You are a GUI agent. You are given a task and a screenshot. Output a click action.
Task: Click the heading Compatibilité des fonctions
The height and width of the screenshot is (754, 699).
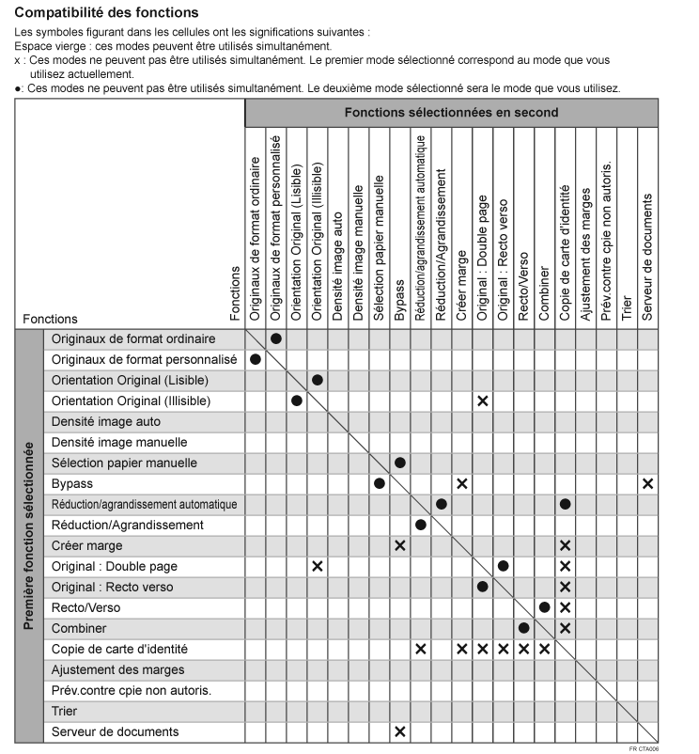pyautogui.click(x=107, y=12)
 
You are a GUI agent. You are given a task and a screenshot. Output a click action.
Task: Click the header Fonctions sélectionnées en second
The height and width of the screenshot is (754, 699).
pyautogui.click(x=451, y=113)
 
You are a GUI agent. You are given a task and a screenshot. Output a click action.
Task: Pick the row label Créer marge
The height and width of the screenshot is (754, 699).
pyautogui.click(x=87, y=546)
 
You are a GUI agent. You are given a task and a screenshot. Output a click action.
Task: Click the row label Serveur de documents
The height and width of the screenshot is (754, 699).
pyautogui.click(x=115, y=732)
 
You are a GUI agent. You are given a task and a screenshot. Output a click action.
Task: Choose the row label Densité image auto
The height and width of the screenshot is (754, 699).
pyautogui.click(x=106, y=421)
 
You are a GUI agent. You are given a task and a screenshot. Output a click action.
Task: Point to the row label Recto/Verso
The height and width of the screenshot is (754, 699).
pyautogui.click(x=85, y=607)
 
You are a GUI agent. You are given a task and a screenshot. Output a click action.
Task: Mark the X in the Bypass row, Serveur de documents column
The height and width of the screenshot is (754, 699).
pyautogui.click(x=648, y=483)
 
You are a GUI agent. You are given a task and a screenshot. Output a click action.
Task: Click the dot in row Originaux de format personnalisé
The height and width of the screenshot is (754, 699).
pyautogui.click(x=256, y=359)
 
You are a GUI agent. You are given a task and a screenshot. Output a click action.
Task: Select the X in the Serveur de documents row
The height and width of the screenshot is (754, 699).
pyautogui.click(x=400, y=731)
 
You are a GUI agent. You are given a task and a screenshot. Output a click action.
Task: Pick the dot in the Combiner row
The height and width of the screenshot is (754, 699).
pyautogui.click(x=524, y=628)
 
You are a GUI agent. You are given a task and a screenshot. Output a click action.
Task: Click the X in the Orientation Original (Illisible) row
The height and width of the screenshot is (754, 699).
pyautogui.click(x=483, y=401)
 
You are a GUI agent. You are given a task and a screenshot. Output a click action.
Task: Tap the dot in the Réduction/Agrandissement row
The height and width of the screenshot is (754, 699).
pyautogui.click(x=421, y=525)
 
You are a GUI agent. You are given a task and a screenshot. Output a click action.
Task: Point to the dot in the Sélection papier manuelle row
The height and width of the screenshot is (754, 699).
pyautogui.click(x=400, y=463)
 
